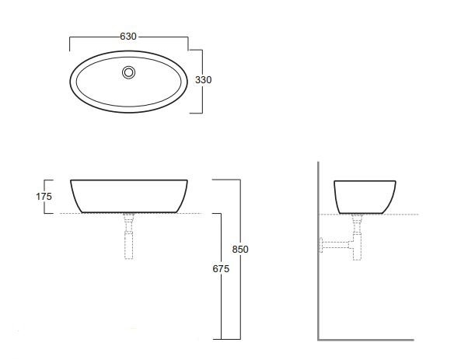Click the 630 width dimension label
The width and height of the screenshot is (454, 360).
tap(128, 37)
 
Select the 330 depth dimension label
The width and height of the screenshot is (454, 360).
tap(203, 79)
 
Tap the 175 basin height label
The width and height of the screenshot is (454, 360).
tap(44, 197)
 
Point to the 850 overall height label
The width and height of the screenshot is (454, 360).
tap(240, 250)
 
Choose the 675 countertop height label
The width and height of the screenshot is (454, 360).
tap(221, 269)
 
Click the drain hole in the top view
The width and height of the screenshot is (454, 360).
tap(128, 72)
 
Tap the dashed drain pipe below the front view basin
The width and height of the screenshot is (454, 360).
tap(128, 236)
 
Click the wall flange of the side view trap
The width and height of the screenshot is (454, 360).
tap(321, 245)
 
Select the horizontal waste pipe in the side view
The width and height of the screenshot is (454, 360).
tap(337, 245)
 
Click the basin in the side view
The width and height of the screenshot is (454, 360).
tap(365, 197)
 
